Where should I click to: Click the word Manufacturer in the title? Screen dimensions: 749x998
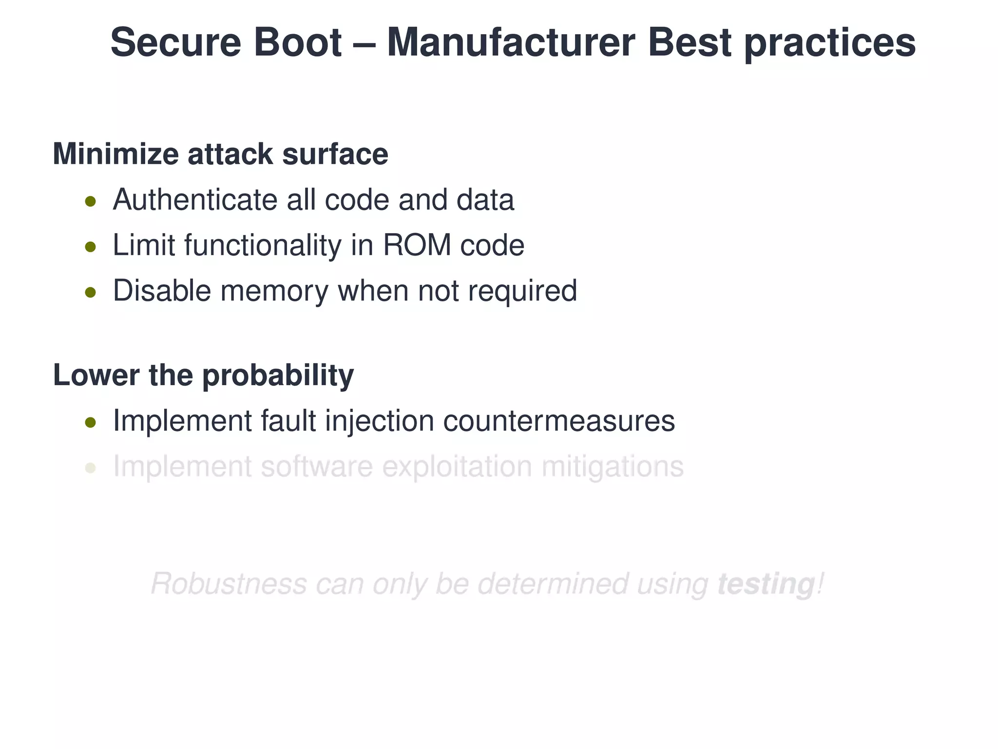[x=511, y=42]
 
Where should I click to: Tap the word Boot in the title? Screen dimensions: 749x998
[x=297, y=42]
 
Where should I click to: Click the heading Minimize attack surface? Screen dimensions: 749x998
[x=220, y=154]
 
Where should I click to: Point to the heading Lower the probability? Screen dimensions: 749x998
[x=203, y=375]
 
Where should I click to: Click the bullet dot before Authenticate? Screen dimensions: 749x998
[x=90, y=201]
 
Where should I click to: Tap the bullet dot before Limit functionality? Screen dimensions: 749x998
[x=90, y=247]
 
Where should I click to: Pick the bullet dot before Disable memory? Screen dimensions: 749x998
[x=90, y=292]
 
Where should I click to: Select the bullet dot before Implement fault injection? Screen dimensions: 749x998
[x=90, y=422]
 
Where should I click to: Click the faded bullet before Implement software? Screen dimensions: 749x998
[x=90, y=468]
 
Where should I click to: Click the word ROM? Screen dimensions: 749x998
[x=417, y=245]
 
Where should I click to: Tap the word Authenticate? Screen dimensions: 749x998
[x=195, y=200]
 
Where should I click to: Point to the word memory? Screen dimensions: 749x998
[x=274, y=291]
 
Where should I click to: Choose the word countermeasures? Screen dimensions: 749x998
[x=558, y=421]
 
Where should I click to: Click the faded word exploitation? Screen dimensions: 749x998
[x=457, y=467]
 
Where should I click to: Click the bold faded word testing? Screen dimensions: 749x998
[x=766, y=584]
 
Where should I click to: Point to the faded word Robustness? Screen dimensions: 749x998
[x=229, y=584]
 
